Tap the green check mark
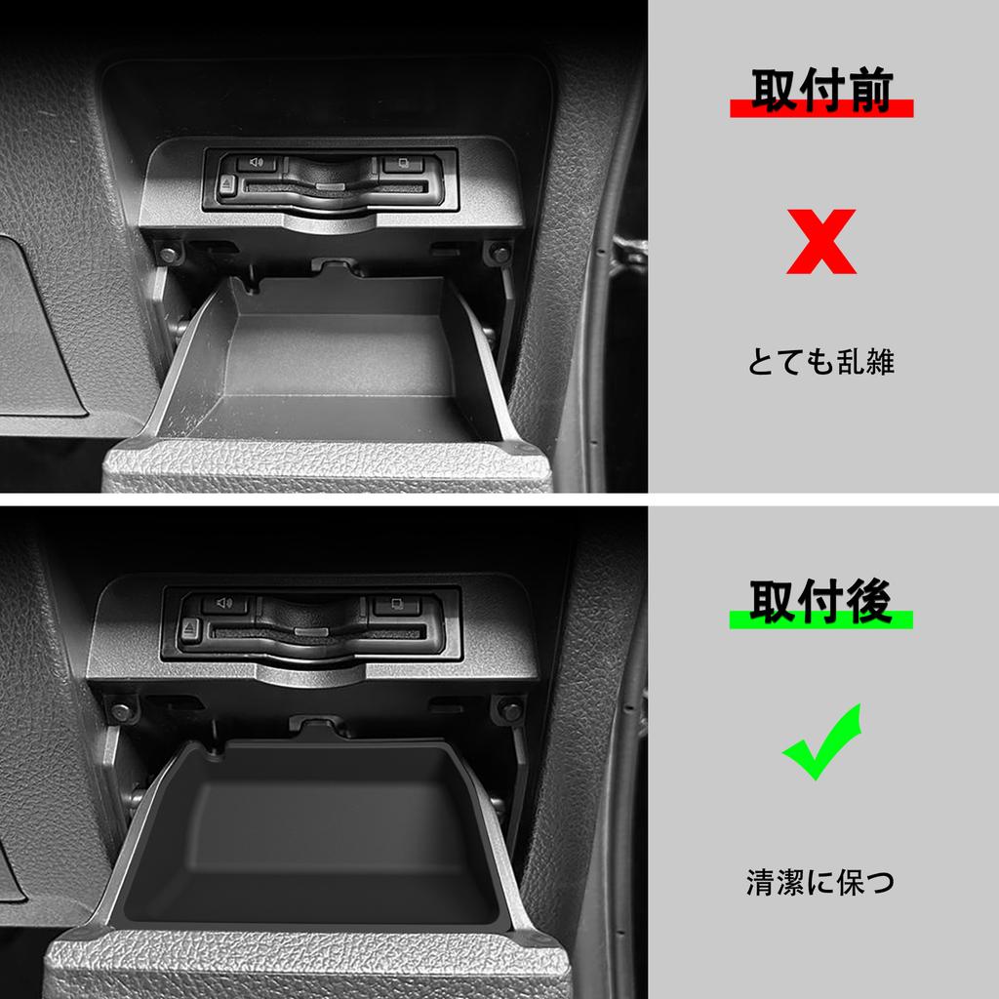tap(821, 743)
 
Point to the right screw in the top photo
tap(500, 254)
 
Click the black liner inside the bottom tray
tap(312, 839)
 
